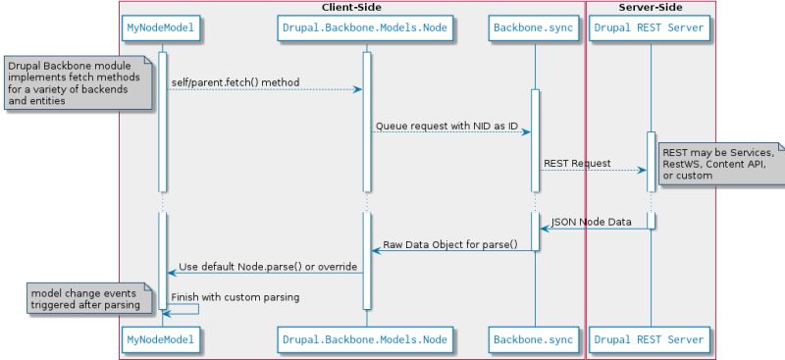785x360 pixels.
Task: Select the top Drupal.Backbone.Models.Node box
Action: click(x=365, y=28)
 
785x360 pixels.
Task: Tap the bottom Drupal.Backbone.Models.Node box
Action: click(x=365, y=339)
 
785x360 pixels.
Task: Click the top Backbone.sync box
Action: click(x=533, y=28)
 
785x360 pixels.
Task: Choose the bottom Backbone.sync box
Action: click(x=533, y=339)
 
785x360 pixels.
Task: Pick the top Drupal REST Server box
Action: click(x=650, y=28)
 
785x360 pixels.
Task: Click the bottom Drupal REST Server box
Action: click(x=650, y=339)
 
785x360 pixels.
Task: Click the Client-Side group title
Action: click(x=351, y=8)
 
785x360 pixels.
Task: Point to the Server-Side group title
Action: click(x=651, y=8)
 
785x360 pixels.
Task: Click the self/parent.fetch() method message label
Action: click(x=235, y=82)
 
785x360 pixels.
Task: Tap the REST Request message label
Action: click(x=577, y=163)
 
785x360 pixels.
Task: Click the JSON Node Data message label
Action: click(x=591, y=222)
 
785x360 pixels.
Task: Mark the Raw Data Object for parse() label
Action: click(x=450, y=244)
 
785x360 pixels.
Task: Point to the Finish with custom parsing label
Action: click(x=235, y=296)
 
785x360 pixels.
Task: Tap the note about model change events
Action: click(x=86, y=298)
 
